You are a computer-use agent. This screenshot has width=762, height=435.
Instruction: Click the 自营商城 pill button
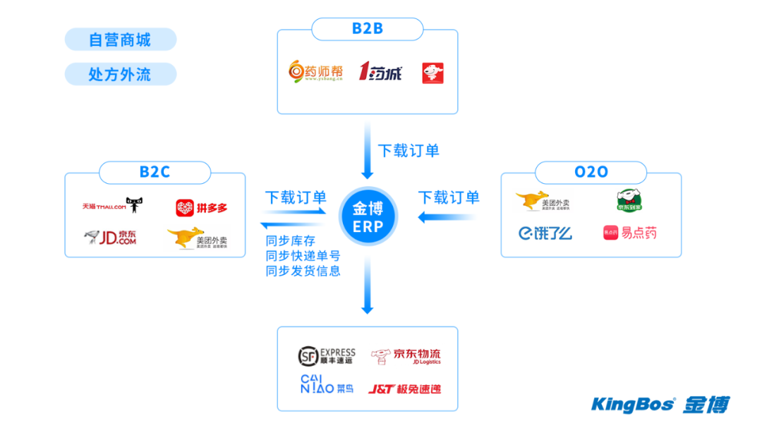point(120,39)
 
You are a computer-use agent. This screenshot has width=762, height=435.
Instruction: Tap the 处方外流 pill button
point(120,74)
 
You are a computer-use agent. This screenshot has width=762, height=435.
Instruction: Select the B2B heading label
point(367,29)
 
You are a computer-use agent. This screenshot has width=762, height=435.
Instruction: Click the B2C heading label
point(155,172)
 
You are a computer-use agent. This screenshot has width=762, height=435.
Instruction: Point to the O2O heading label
point(591,172)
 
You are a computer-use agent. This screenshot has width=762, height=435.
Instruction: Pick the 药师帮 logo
point(316,72)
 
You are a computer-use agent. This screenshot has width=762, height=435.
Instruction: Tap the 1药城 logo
point(380,72)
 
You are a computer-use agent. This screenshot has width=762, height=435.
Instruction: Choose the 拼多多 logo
point(201,208)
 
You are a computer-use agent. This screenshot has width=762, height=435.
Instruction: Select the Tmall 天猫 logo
point(114,207)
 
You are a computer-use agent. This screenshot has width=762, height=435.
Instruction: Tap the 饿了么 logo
point(545,233)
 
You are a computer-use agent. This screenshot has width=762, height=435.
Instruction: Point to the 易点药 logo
point(629,233)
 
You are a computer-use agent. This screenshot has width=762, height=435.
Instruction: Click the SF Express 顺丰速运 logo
point(327,356)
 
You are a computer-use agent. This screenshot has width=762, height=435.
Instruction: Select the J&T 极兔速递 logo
point(404,388)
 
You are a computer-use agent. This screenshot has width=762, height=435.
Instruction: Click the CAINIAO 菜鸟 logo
point(327,386)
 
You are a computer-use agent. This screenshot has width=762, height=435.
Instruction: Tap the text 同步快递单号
point(303,256)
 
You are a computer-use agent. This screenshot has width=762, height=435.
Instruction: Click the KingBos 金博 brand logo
point(660,405)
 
